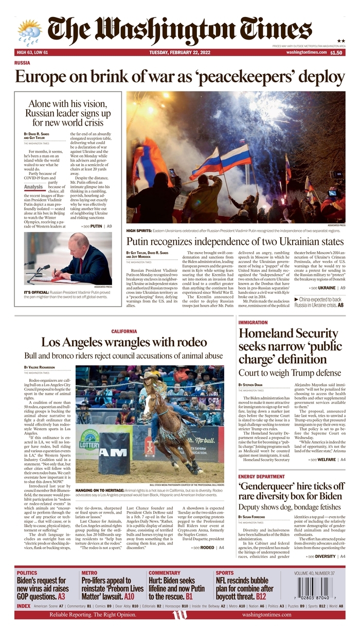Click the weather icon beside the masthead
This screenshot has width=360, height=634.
pyautogui.click(x=29, y=31)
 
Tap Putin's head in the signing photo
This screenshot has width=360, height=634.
pyautogui.click(x=80, y=242)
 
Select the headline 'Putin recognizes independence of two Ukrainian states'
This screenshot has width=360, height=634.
pyautogui.click(x=235, y=242)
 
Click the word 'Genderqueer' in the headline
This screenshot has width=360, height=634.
pyautogui.click(x=268, y=487)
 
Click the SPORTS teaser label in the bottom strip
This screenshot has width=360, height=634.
pyautogui.click(x=225, y=572)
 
